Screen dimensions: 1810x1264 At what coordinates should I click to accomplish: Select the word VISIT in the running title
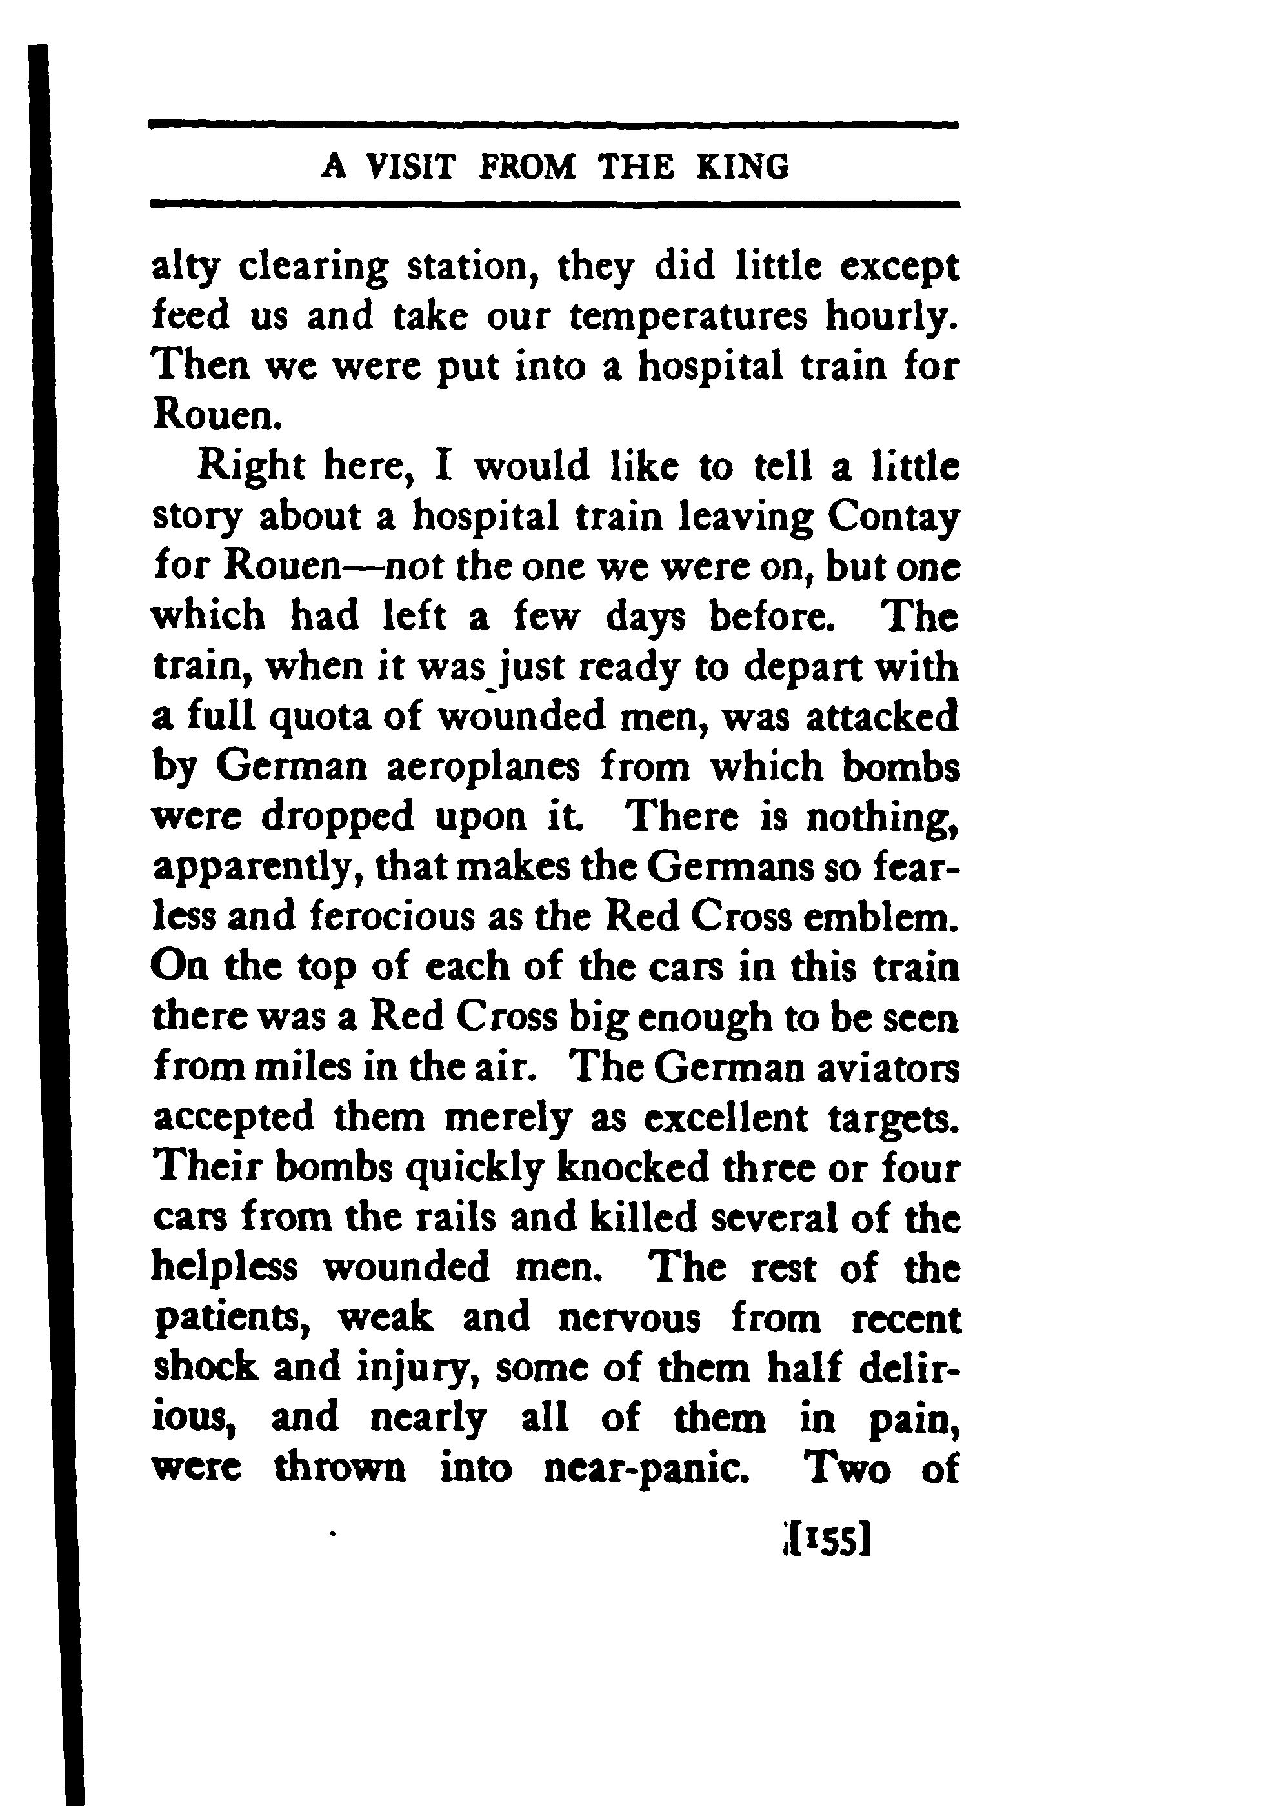point(413,167)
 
